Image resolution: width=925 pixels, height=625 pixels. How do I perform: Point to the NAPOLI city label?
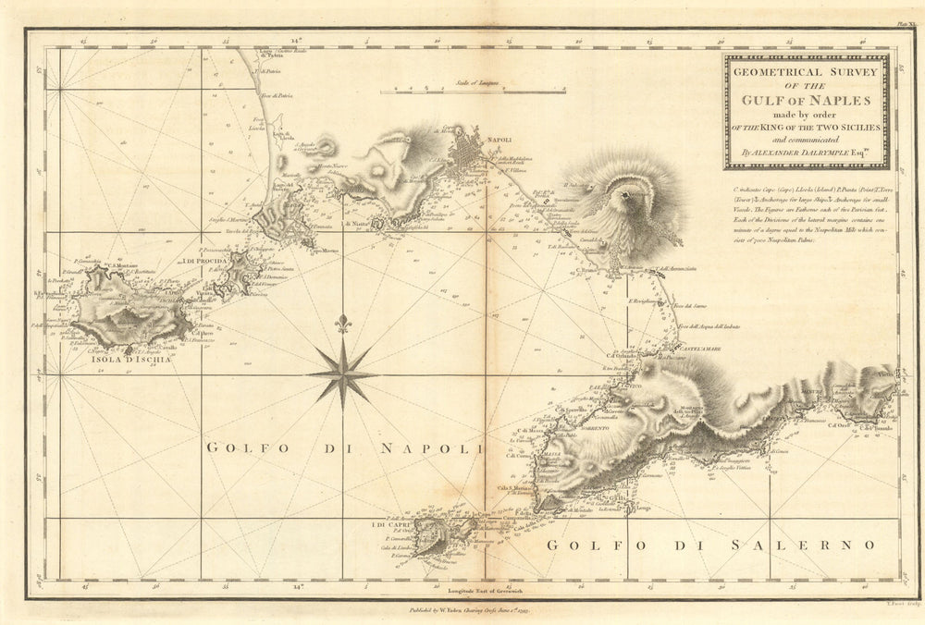coord(499,140)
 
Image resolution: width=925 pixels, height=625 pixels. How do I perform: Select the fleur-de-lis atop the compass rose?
coord(342,324)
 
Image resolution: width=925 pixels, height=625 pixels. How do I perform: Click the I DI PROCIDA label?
coord(206,262)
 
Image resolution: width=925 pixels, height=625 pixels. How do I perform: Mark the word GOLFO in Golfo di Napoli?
coord(240,448)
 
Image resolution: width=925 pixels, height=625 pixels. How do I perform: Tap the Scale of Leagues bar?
coord(475,91)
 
